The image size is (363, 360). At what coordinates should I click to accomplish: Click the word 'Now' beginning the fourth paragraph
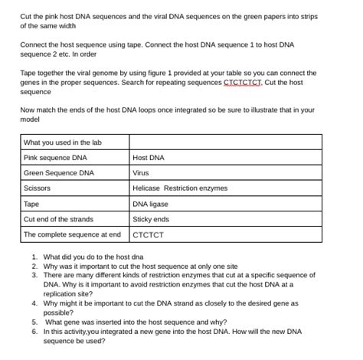tap(28, 110)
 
